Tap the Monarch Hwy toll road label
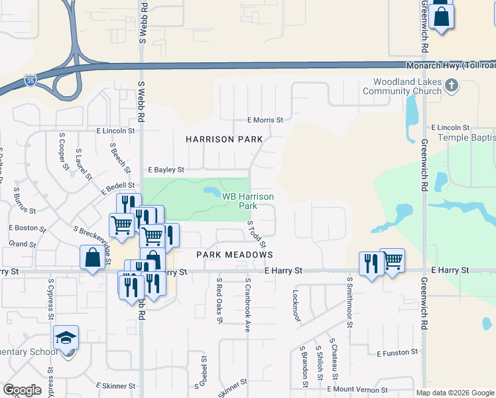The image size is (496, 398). tap(451, 65)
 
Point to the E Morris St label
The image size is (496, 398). tap(265, 120)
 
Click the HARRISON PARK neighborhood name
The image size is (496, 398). tap(224, 139)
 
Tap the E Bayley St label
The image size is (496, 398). tap(166, 170)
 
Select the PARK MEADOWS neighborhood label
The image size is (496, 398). tap(235, 255)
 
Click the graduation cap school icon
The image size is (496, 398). tap(66, 339)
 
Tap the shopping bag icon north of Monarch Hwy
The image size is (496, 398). tap(441, 17)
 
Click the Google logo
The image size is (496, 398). tap(22, 390)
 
